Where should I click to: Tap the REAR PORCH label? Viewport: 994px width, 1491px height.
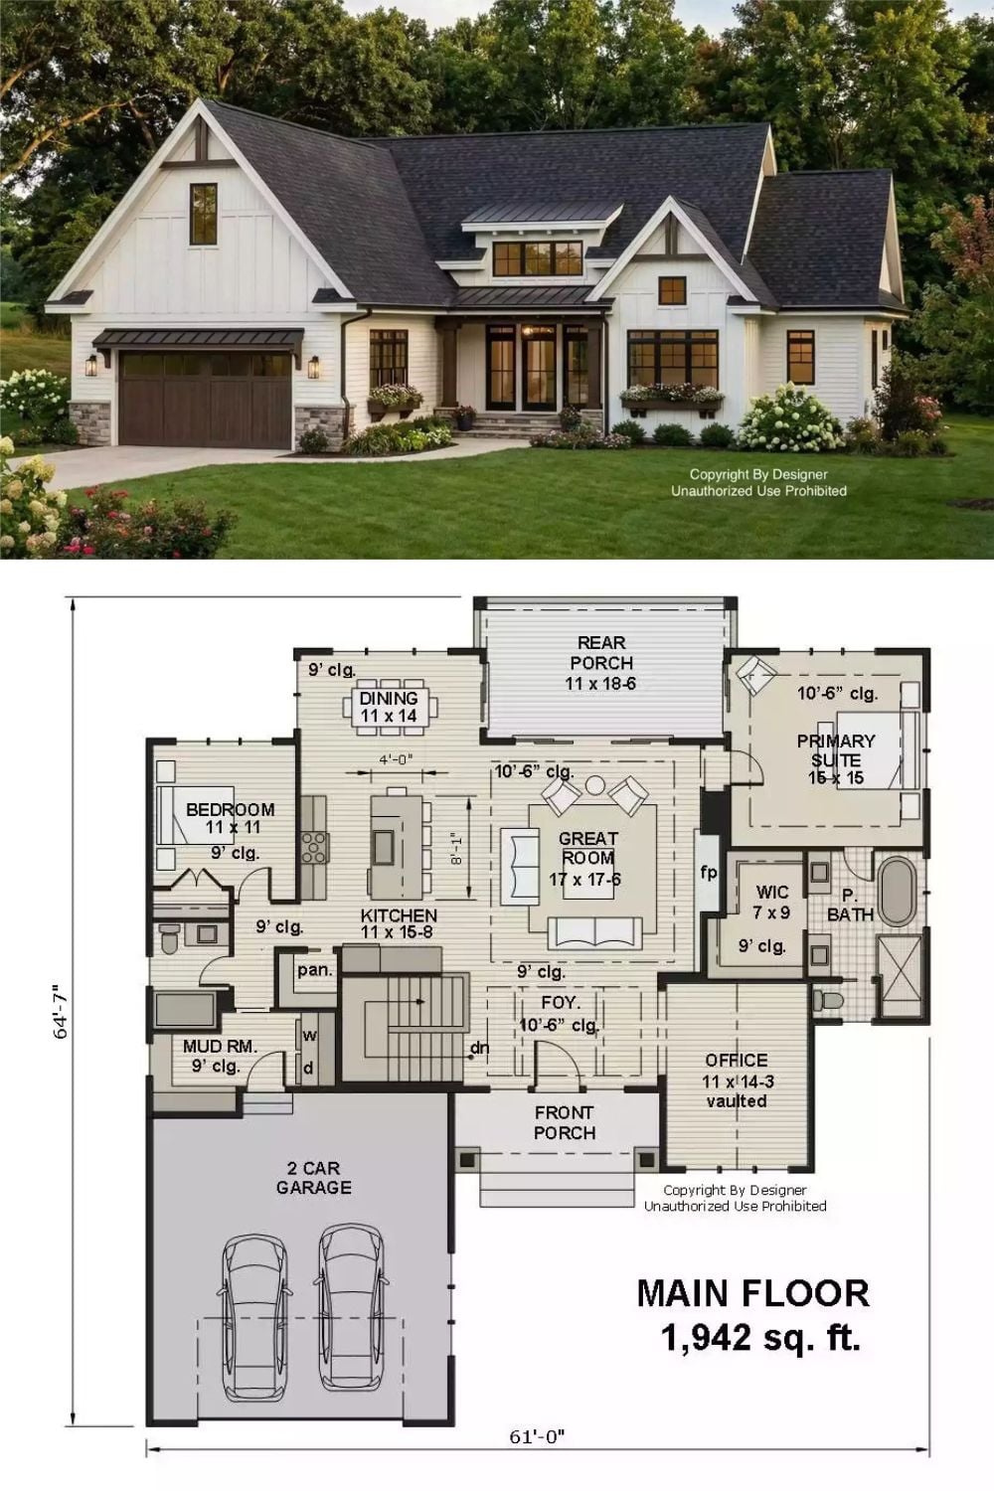click(x=601, y=653)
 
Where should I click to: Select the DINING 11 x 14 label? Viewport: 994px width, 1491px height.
click(x=389, y=707)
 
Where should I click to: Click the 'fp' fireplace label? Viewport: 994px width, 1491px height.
click(x=709, y=872)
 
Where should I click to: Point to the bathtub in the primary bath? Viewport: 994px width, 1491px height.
click(x=898, y=892)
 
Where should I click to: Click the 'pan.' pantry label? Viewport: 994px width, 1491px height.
click(x=315, y=970)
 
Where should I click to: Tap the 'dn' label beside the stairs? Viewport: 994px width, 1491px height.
click(x=479, y=1049)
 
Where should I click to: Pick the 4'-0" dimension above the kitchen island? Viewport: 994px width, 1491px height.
click(x=397, y=758)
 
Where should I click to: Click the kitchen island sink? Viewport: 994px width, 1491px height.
click(x=384, y=847)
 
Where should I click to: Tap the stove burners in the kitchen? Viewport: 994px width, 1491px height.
click(x=314, y=847)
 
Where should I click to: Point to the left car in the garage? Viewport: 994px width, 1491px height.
click(x=255, y=1323)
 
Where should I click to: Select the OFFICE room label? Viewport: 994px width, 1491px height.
click(x=737, y=1060)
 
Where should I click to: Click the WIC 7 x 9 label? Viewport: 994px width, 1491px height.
click(x=771, y=902)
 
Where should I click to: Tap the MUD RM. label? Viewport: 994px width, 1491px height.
click(x=220, y=1047)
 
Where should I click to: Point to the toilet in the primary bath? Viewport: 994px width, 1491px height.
click(x=828, y=1000)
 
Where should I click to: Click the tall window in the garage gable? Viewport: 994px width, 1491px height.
click(x=203, y=214)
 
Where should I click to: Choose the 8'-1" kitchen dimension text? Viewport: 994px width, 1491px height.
click(x=456, y=849)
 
